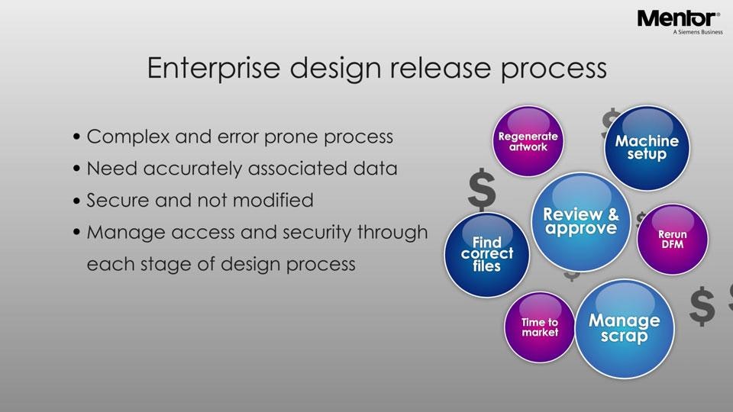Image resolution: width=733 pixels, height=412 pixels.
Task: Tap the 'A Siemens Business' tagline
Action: coord(697,33)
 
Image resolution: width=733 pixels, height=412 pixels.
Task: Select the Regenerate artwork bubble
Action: coord(528,142)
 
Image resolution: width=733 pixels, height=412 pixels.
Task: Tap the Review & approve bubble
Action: coord(580,221)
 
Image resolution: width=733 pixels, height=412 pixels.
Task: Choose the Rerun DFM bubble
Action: coord(672,240)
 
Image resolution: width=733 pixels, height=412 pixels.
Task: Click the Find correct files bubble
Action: coord(486,254)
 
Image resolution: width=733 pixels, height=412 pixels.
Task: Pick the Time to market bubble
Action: coord(539,327)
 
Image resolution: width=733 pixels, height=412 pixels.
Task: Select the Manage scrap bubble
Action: coord(624,328)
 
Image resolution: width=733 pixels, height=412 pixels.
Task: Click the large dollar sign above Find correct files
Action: coord(482,191)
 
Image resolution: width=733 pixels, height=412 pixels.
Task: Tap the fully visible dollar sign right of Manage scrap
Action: coord(702,307)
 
